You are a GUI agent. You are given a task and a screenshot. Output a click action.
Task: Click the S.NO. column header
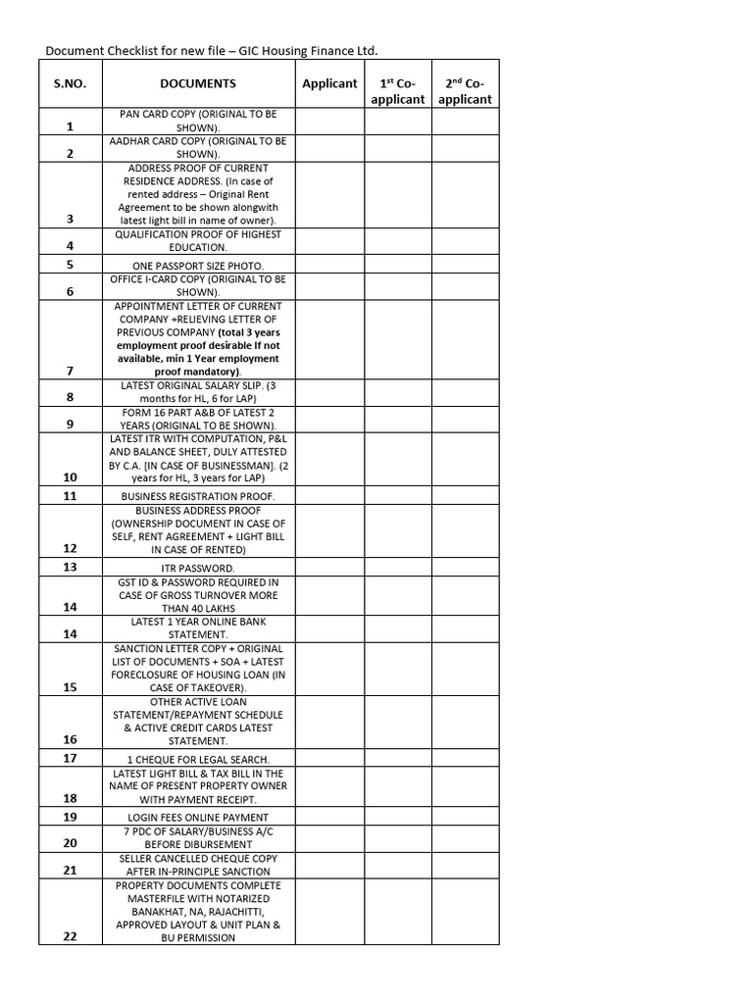click(70, 84)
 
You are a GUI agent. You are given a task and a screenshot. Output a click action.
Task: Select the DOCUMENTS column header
click(198, 84)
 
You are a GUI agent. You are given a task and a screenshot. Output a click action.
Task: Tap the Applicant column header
click(329, 84)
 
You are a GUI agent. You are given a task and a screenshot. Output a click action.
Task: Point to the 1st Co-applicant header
click(397, 91)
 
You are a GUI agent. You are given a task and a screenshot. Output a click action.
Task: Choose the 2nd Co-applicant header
click(465, 91)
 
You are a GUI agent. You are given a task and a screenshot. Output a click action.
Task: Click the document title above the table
click(211, 50)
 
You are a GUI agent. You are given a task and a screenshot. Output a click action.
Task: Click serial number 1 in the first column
click(70, 127)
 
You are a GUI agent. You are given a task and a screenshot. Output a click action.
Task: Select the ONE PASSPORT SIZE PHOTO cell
click(198, 266)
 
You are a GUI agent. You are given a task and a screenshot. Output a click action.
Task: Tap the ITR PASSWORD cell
click(198, 568)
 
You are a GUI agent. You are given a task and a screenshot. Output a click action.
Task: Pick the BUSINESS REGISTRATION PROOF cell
click(198, 497)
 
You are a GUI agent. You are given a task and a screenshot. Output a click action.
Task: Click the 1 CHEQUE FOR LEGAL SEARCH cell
click(198, 760)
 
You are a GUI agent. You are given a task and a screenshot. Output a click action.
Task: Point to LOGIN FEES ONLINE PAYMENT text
click(198, 817)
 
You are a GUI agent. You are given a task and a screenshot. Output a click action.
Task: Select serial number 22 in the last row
click(70, 936)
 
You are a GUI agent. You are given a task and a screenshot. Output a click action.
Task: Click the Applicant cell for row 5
click(329, 265)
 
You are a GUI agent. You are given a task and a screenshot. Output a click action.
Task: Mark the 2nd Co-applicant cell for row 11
click(465, 496)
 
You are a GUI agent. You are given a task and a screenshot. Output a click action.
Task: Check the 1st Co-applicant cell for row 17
click(397, 759)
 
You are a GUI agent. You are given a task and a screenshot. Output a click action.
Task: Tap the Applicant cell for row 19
click(329, 816)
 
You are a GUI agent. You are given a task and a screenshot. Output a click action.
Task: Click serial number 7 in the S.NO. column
click(70, 372)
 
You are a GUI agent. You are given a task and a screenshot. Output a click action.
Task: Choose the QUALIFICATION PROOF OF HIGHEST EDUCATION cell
click(198, 241)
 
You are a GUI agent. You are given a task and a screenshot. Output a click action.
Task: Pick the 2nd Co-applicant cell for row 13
click(465, 567)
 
